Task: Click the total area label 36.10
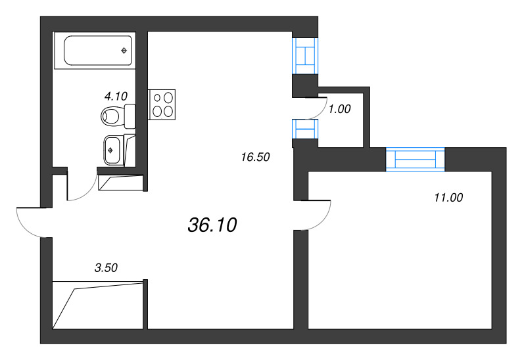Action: pyautogui.click(x=212, y=225)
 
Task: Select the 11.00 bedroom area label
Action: pyautogui.click(x=448, y=197)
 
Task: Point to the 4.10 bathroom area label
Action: pyautogui.click(x=115, y=96)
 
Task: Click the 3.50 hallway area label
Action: pyautogui.click(x=106, y=267)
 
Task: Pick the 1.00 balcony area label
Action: pyautogui.click(x=339, y=110)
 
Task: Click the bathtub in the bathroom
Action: pyautogui.click(x=97, y=51)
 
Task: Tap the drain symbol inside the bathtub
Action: pyautogui.click(x=123, y=51)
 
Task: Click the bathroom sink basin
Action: pyautogui.click(x=112, y=150)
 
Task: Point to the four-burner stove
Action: pyautogui.click(x=163, y=104)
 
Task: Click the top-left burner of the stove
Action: pyautogui.click(x=158, y=98)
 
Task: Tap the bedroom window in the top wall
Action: pyautogui.click(x=416, y=160)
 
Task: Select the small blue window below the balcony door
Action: pyautogui.click(x=305, y=129)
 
